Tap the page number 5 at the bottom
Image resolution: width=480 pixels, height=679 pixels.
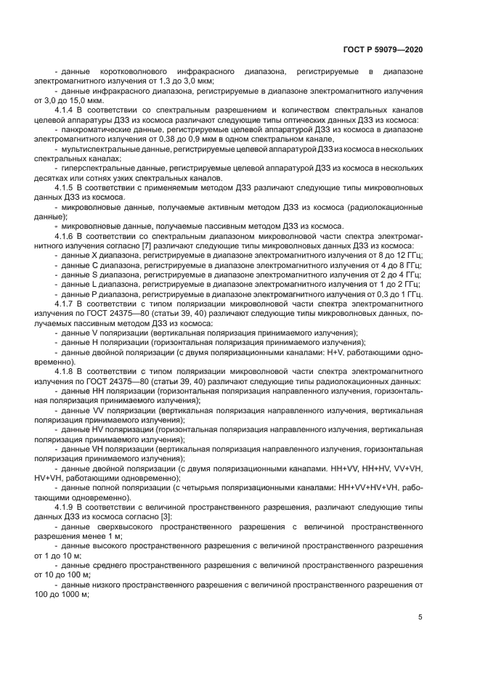[x=420, y=617]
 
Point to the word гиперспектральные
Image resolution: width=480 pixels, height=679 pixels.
[x=100, y=168]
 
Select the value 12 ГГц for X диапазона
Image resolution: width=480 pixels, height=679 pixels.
[x=409, y=255]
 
